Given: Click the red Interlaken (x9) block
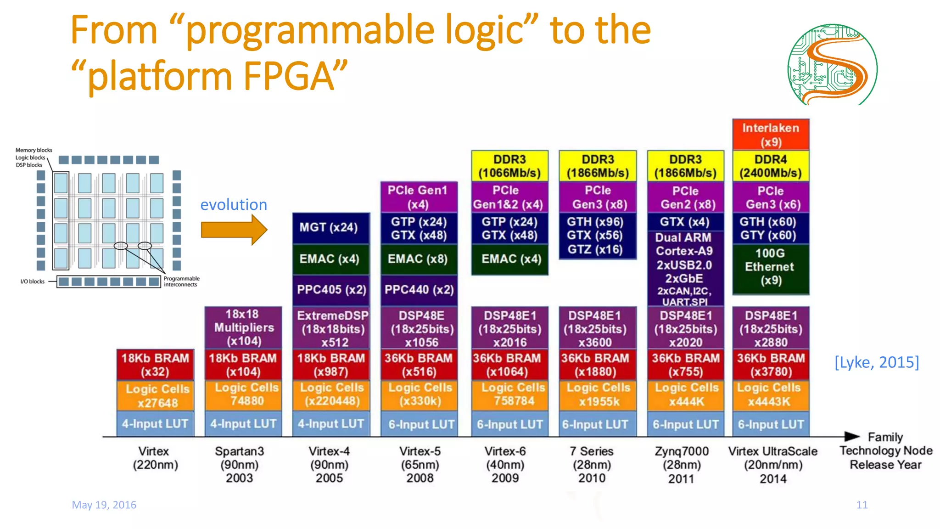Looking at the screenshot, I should pyautogui.click(x=771, y=135).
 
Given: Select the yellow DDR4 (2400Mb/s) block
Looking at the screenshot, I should pyautogui.click(x=771, y=166).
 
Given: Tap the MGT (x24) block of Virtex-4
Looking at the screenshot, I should pyautogui.click(x=330, y=228).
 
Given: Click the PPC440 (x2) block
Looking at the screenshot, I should pyautogui.click(x=419, y=290).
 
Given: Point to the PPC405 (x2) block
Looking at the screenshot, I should pyautogui.click(x=331, y=290).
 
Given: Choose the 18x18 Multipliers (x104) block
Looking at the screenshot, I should pyautogui.click(x=243, y=327).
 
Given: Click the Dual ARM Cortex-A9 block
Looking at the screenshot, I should pyautogui.click(x=685, y=269).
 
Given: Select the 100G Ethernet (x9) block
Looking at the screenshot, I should pyautogui.click(x=771, y=268).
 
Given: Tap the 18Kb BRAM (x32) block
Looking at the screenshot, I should pyautogui.click(x=155, y=365).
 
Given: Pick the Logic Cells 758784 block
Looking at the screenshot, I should pyautogui.click(x=510, y=395).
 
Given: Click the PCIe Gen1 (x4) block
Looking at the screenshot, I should pyautogui.click(x=419, y=197).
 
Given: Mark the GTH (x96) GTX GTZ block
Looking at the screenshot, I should pyautogui.click(x=597, y=236).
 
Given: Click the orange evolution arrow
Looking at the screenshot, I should pyautogui.click(x=234, y=230).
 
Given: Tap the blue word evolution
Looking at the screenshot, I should pyautogui.click(x=234, y=204).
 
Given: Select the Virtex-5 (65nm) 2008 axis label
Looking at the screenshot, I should pyautogui.click(x=420, y=464).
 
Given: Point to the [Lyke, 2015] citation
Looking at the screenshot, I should pyautogui.click(x=876, y=362).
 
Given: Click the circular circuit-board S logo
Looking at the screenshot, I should pyautogui.click(x=832, y=65).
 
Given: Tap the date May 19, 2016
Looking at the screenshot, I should pyautogui.click(x=104, y=505).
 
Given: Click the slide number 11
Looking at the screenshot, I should pyautogui.click(x=862, y=505).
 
